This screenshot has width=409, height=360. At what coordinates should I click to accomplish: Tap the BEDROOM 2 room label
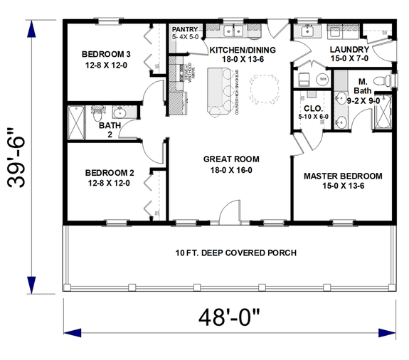tap(110, 172)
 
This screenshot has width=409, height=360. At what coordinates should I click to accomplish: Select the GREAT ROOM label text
tap(230, 159)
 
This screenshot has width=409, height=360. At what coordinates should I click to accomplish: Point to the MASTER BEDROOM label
tap(343, 176)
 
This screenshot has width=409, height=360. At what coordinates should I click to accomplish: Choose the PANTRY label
tap(184, 29)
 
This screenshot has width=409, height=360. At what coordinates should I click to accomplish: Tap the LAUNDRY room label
tap(348, 49)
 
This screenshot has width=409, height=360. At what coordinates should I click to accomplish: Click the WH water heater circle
tap(302, 80)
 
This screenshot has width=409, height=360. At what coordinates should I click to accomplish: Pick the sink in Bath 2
tap(119, 112)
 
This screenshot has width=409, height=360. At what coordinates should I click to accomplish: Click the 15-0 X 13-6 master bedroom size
tap(342, 186)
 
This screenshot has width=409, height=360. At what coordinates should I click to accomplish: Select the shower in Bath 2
tap(75, 123)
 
